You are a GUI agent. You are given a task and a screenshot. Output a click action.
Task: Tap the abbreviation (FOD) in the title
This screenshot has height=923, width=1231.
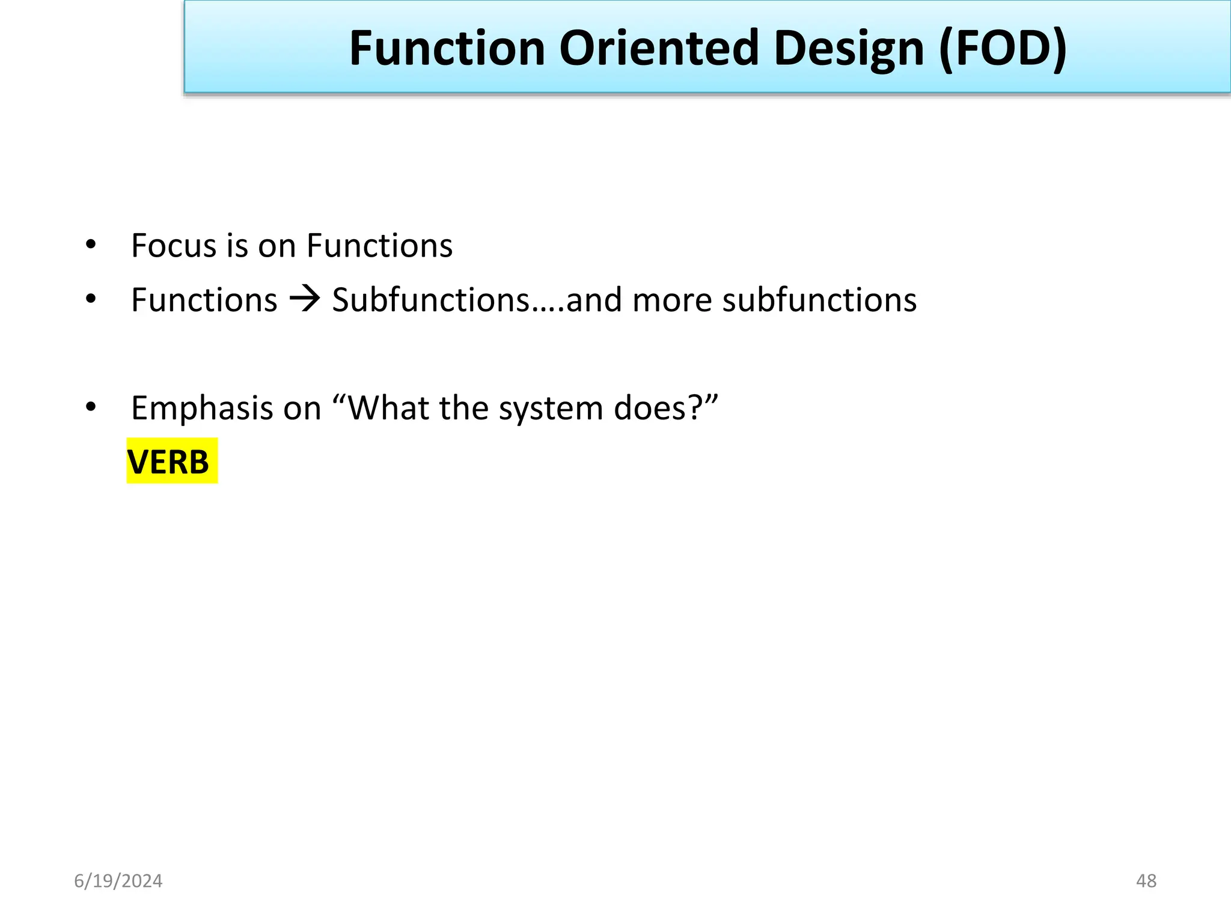(x=1002, y=49)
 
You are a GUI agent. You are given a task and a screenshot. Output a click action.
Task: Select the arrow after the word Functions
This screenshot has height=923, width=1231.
(x=305, y=299)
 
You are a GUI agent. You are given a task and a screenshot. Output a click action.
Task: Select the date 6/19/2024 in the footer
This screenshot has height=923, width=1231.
(x=118, y=881)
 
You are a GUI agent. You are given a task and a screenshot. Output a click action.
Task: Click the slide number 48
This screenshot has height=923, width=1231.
(x=1146, y=881)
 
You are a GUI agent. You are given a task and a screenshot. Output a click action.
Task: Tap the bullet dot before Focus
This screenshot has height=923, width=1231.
(x=91, y=245)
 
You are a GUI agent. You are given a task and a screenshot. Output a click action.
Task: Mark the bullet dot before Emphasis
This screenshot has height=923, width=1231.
(x=91, y=407)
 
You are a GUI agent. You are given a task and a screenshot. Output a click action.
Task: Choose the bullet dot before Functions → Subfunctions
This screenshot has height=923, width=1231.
(x=91, y=299)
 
